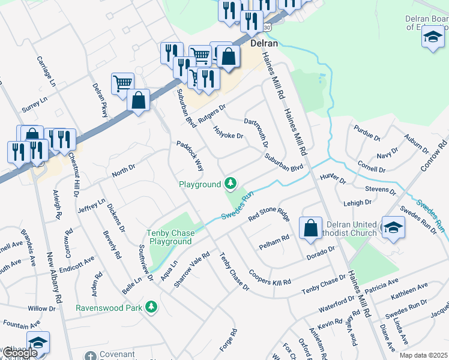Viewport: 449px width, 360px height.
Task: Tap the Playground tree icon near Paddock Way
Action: [230, 183]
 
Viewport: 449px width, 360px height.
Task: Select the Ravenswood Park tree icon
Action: [152, 307]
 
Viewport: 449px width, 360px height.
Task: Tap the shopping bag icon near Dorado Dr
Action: [310, 229]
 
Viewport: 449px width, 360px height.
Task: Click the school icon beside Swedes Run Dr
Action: [393, 227]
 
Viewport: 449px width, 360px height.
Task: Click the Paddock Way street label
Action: [190, 155]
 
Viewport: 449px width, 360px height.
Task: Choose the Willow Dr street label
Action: [41, 308]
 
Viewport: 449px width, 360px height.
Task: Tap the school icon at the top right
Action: [432, 37]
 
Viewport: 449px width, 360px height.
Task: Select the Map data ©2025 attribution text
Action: [424, 355]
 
